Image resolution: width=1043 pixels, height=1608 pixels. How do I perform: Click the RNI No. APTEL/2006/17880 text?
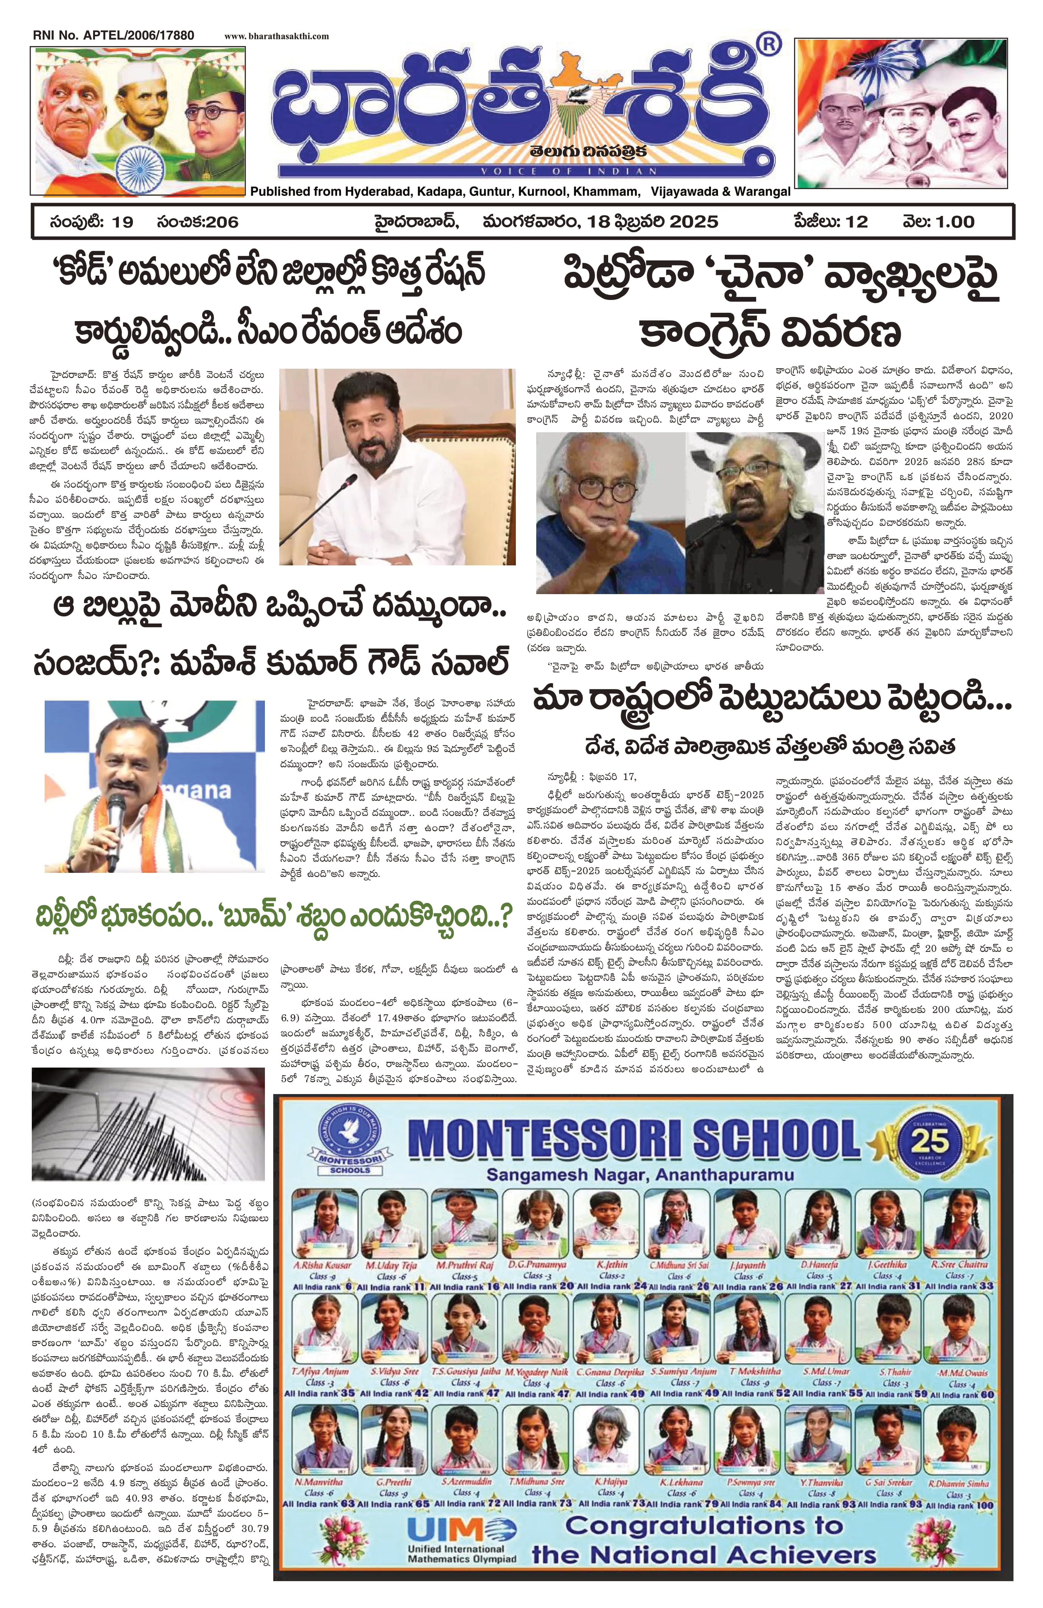pos(112,35)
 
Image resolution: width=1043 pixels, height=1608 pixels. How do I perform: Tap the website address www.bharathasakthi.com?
pos(277,36)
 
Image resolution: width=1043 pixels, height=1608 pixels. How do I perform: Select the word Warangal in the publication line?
pos(762,192)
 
